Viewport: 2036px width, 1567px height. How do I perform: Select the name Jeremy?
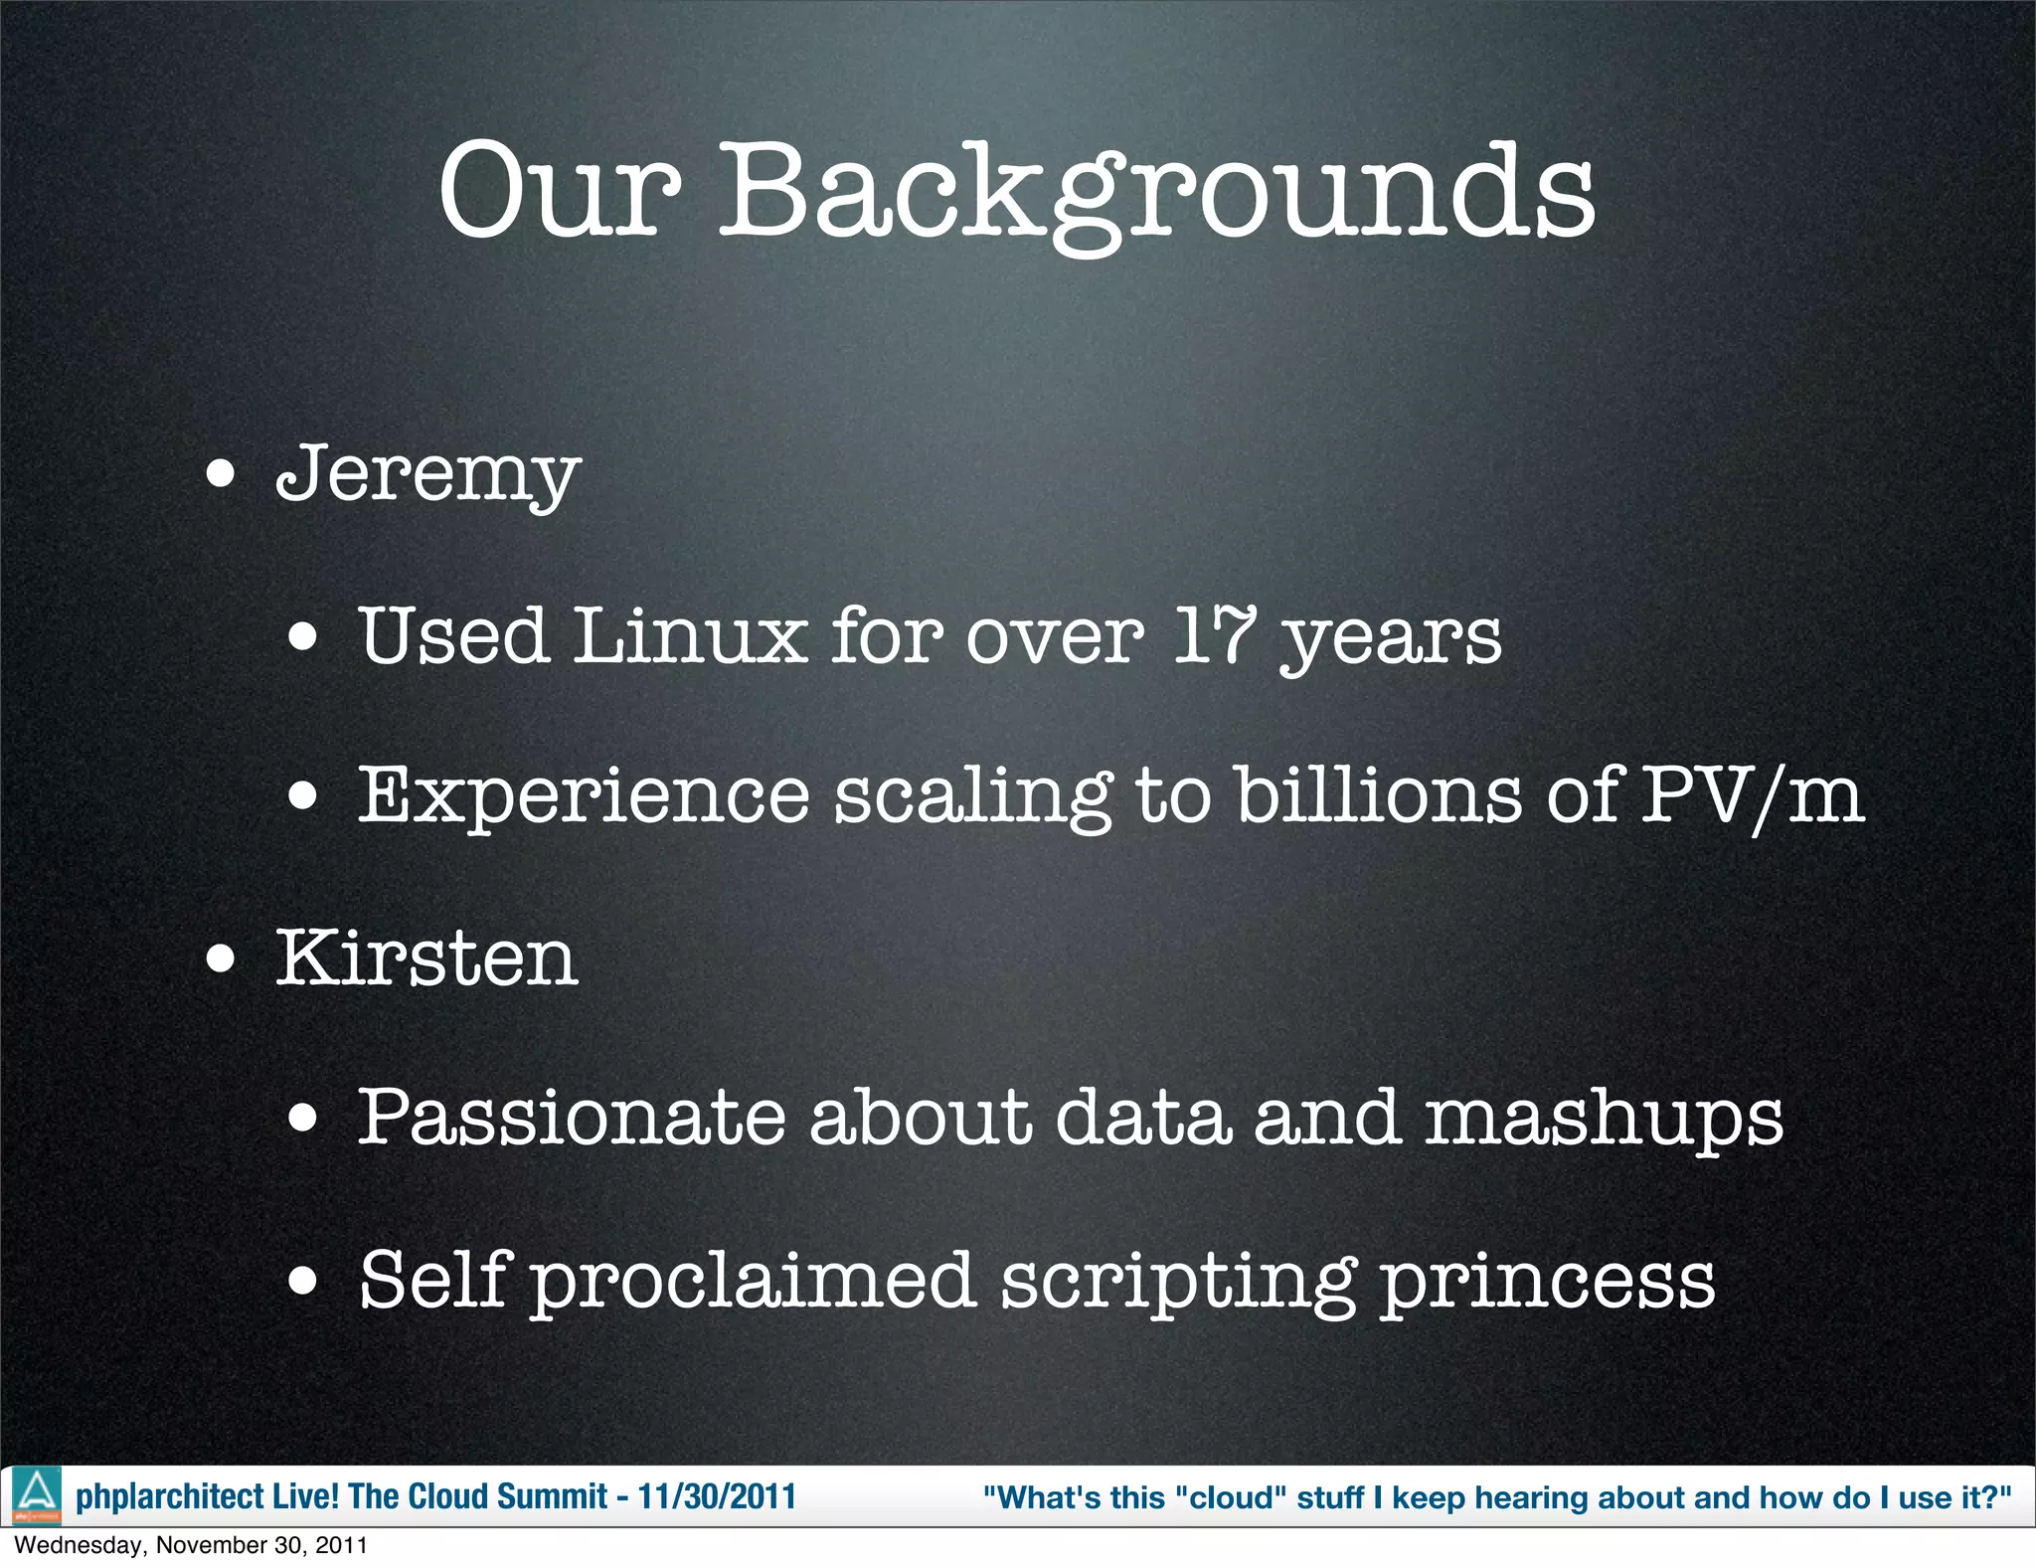[x=427, y=473]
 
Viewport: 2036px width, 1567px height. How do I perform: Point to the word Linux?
[x=689, y=635]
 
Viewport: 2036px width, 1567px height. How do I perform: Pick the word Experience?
[x=584, y=795]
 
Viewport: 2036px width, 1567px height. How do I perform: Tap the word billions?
[x=1378, y=795]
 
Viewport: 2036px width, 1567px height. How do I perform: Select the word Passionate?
[x=571, y=1118]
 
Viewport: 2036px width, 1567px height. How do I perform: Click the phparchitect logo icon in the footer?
[x=37, y=1495]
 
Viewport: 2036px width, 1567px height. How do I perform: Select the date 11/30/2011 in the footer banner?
[x=717, y=1496]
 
